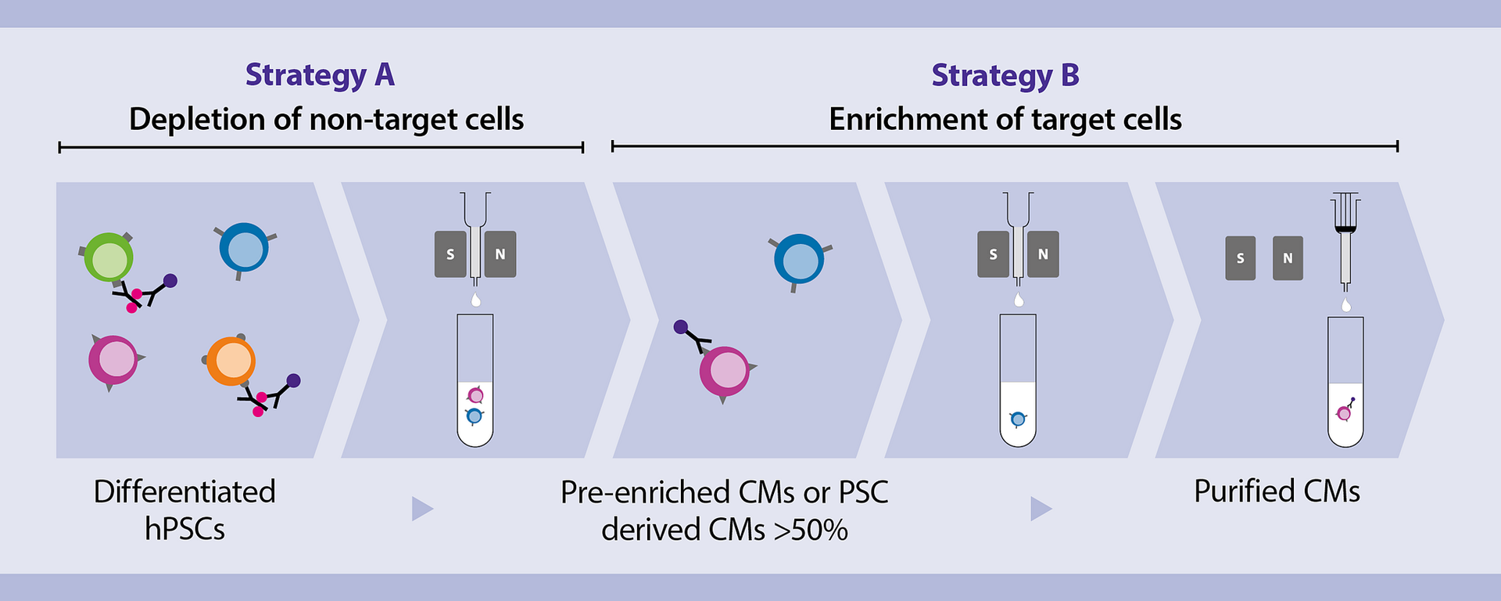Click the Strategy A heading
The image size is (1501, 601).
pyautogui.click(x=320, y=75)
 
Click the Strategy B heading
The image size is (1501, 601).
pyautogui.click(x=1005, y=75)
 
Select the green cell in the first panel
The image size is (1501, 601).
pyautogui.click(x=109, y=257)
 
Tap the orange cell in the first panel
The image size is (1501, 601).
pyautogui.click(x=231, y=361)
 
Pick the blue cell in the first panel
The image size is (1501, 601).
pyautogui.click(x=244, y=248)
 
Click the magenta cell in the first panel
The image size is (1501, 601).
pyautogui.click(x=113, y=360)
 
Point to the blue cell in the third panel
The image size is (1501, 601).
pyautogui.click(x=799, y=259)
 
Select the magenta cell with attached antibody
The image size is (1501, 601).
pyautogui.click(x=725, y=372)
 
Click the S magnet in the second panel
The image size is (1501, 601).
pyautogui.click(x=450, y=254)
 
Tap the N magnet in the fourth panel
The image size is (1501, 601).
pyautogui.click(x=1043, y=254)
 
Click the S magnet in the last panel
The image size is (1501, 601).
pyautogui.click(x=1240, y=258)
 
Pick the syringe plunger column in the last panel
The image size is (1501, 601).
pyautogui.click(x=1345, y=243)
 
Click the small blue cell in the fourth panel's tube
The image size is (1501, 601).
pyautogui.click(x=1018, y=419)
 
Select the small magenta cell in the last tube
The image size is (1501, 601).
pyautogui.click(x=1344, y=412)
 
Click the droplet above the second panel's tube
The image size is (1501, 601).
pyautogui.click(x=475, y=300)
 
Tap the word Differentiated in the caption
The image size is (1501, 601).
pyautogui.click(x=184, y=492)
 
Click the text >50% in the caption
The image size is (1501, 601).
pyautogui.click(x=811, y=531)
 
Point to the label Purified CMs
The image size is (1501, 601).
pyautogui.click(x=1277, y=491)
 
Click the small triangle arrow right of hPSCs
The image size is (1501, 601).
pyautogui.click(x=421, y=509)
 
